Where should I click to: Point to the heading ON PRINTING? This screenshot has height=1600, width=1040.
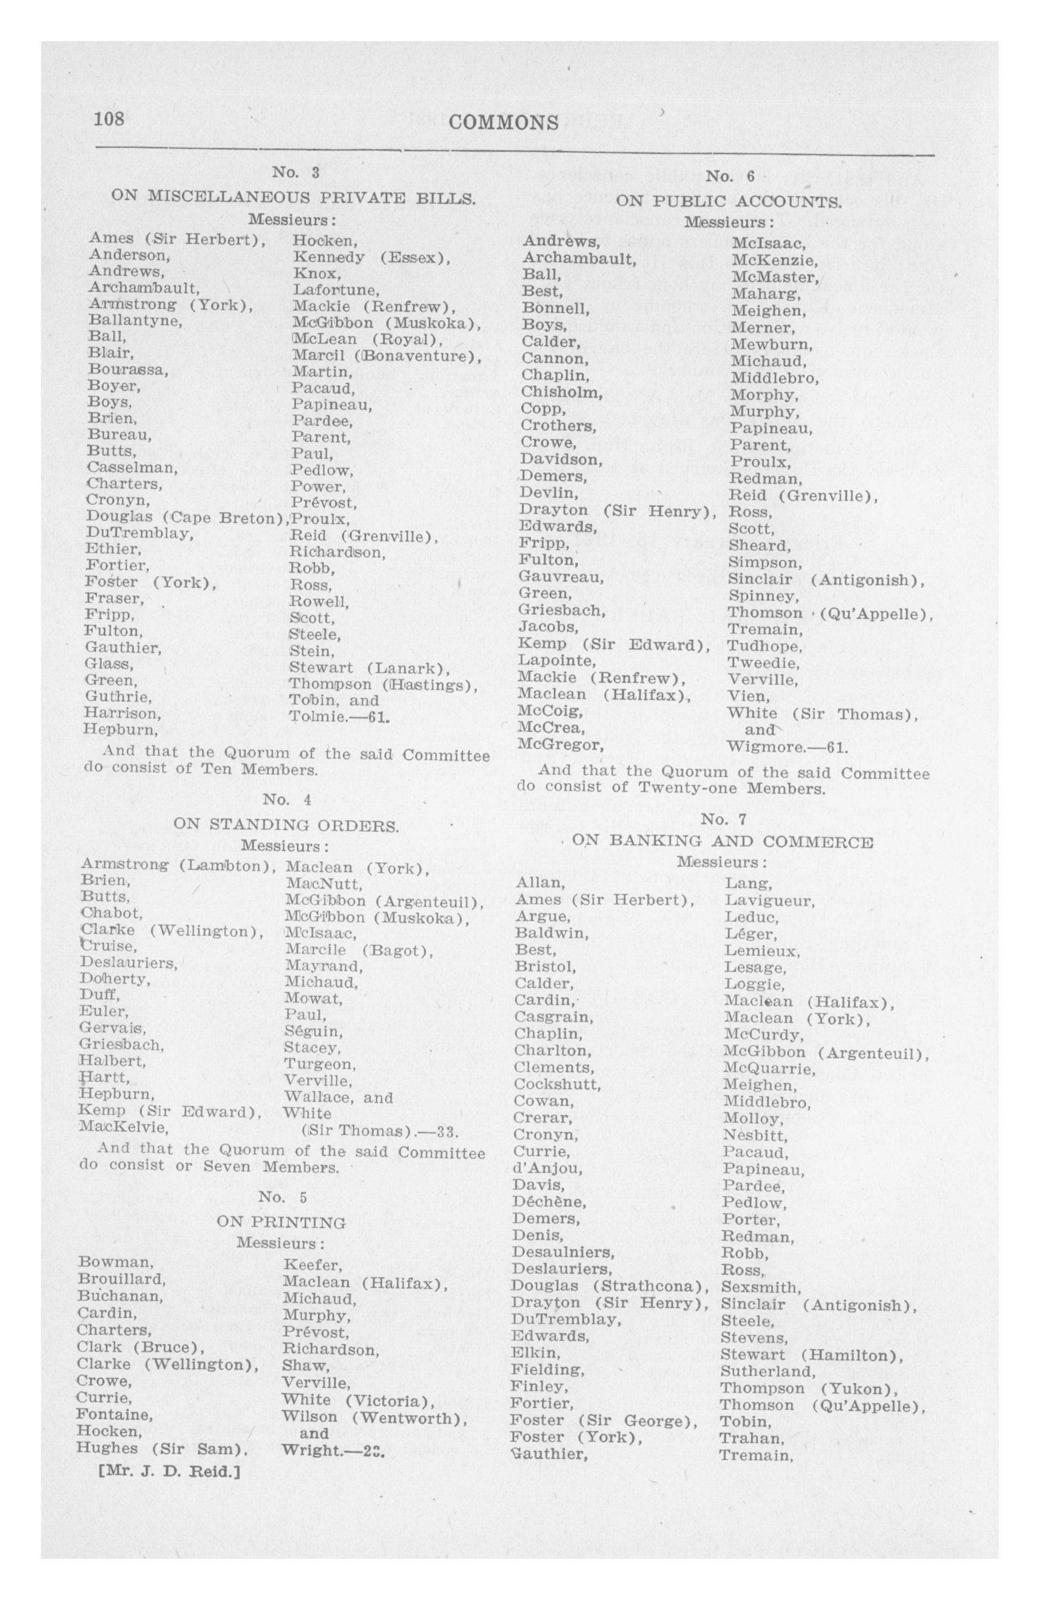click(281, 1222)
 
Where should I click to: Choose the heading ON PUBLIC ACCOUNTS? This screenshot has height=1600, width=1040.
click(728, 202)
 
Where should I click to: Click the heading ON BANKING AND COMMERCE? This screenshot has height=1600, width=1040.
click(722, 842)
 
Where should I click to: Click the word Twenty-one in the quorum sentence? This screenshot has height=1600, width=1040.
click(687, 788)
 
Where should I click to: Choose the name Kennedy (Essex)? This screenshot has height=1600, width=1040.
click(371, 257)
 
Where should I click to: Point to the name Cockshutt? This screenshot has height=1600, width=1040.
click(557, 1084)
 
